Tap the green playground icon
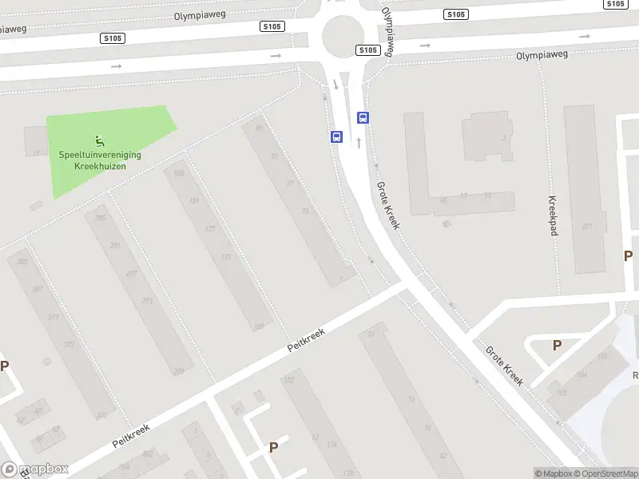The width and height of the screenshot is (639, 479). coord(100,141)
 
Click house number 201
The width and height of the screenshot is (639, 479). coord(587,227)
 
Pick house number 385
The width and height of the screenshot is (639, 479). coord(22,261)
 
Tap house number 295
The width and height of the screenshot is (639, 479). coord(100,218)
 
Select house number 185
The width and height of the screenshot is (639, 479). coord(178,173)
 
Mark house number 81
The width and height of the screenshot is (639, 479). coord(275,156)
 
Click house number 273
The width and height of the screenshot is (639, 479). coord(146,301)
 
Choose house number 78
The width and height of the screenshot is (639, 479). coord(427,428)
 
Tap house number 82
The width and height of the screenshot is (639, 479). coord(442,456)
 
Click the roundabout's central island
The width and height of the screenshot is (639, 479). coord(343,34)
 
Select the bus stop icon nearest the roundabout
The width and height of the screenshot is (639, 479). coord(363,118)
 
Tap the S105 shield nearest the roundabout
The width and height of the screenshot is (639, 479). coord(367,50)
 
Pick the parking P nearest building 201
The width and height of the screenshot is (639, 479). coord(629,256)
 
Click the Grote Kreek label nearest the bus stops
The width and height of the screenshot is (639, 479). coord(387,204)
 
